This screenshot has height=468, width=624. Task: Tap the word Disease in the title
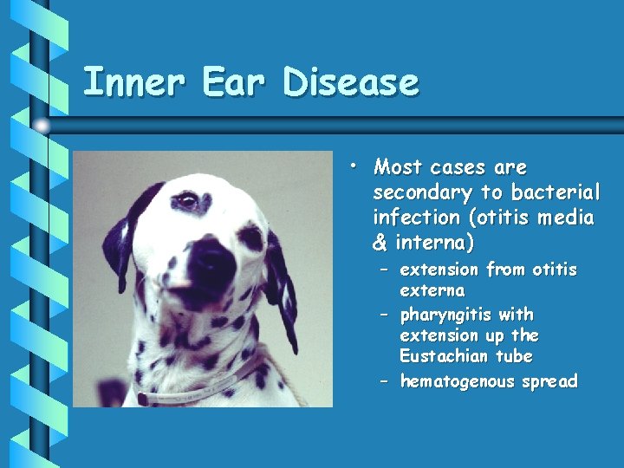(x=351, y=83)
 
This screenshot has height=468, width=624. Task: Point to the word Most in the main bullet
(x=399, y=167)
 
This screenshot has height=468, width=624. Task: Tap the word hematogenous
(x=457, y=381)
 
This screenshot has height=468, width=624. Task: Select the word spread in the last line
(x=549, y=381)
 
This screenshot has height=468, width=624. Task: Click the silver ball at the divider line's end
(x=42, y=127)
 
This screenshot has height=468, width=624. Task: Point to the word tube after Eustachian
(x=515, y=356)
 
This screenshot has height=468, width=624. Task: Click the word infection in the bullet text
(x=412, y=218)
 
